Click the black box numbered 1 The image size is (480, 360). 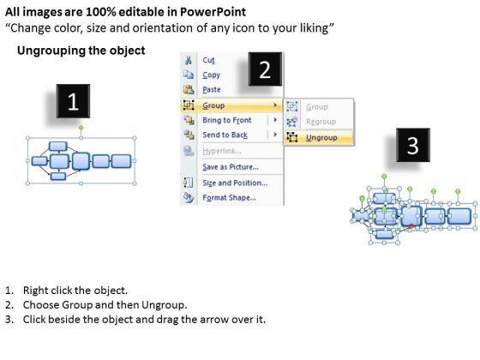tap(73, 101)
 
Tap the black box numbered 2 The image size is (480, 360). tap(265, 69)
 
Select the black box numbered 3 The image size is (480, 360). tap(413, 145)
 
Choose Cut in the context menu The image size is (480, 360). tap(208, 60)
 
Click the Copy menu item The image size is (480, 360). tap(211, 75)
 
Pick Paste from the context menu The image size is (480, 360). tap(212, 89)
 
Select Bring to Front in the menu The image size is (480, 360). tap(227, 120)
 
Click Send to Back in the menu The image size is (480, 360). tap(225, 135)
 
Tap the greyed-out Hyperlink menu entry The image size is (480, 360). tap(222, 151)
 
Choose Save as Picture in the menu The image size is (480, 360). tap(231, 167)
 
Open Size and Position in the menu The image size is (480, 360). tap(235, 183)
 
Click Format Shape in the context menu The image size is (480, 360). tap(230, 198)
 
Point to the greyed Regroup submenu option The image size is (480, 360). tap(321, 122)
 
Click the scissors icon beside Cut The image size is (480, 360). tap(189, 60)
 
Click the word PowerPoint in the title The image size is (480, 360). tap(213, 12)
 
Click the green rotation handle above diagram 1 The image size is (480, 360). tap(81, 128)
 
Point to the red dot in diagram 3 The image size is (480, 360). tap(411, 226)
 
